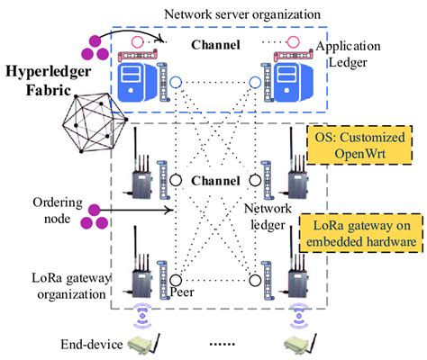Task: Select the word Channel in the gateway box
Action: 217,180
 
